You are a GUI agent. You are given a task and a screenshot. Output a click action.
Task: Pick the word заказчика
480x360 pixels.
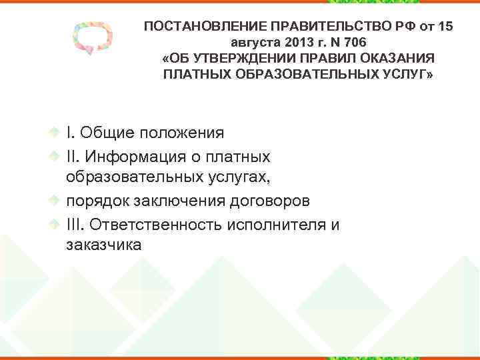[x=103, y=246]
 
